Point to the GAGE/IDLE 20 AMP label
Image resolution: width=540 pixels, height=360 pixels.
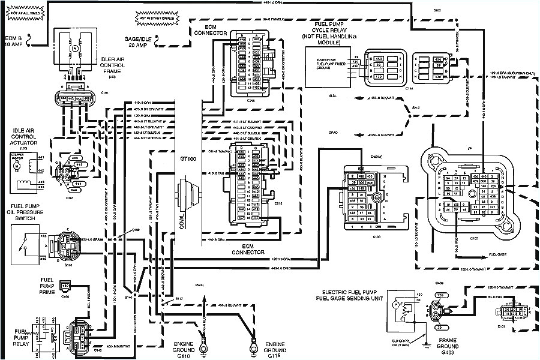point(138,41)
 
